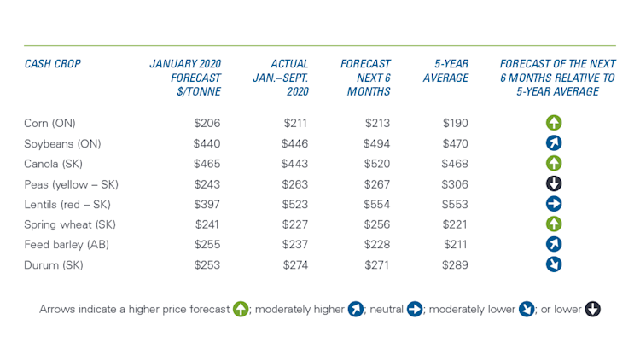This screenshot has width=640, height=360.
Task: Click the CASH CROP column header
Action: coord(52,64)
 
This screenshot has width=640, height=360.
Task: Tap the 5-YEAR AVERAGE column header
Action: coord(445,71)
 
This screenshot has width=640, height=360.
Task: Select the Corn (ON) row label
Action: coord(50,123)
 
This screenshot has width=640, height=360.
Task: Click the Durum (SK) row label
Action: coord(54,264)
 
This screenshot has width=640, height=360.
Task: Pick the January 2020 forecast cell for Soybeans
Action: coord(207,143)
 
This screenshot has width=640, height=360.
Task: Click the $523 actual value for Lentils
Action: coord(294,205)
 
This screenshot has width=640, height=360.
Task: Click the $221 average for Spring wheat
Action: coord(455,224)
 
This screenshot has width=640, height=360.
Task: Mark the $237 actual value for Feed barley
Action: coord(294,244)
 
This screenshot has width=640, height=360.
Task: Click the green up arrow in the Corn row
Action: coord(554,123)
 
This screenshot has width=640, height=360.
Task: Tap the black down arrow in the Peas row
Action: coord(554,183)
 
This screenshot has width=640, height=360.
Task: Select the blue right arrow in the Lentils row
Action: coord(554,204)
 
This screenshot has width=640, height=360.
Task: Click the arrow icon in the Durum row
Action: coord(554,264)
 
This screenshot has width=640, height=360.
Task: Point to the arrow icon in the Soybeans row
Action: coord(554,143)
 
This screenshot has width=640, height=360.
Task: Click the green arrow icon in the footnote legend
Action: coord(241,309)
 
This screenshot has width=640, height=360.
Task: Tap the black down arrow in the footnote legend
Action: coord(592,309)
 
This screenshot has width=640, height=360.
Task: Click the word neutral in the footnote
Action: coord(387,309)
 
